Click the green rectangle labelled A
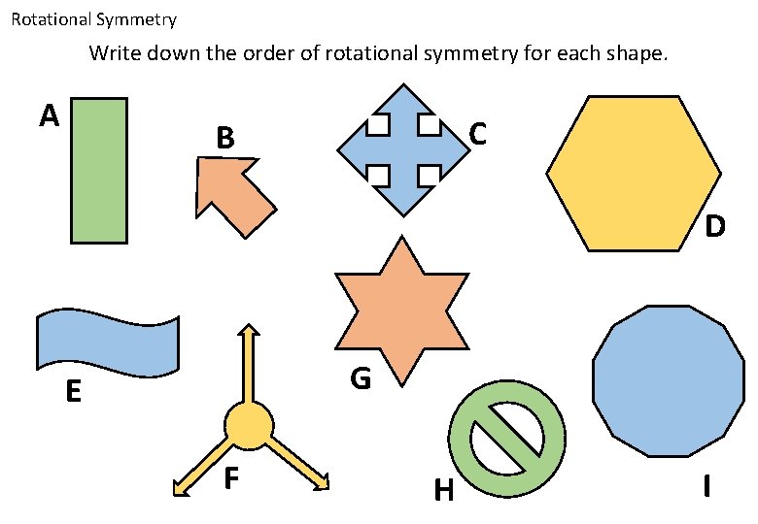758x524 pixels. click(98, 170)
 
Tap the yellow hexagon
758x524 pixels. click(634, 174)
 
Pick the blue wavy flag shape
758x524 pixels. click(107, 343)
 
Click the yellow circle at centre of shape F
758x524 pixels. click(249, 426)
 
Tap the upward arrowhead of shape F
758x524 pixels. click(249, 332)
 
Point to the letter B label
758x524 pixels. click(225, 140)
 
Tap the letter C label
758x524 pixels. click(477, 134)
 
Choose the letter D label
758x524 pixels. click(715, 227)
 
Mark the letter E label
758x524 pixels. click(73, 392)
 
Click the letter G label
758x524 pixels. click(361, 379)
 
